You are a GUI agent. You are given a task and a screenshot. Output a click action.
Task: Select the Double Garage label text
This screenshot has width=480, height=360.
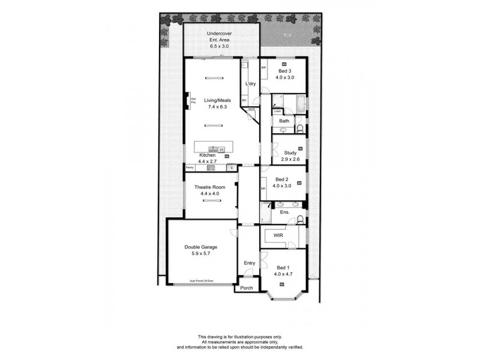pos(200,247)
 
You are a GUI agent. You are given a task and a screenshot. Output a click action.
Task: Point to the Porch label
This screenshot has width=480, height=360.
pos(246,288)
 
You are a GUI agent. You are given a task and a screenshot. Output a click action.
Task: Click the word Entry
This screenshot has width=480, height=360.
pos(249,263)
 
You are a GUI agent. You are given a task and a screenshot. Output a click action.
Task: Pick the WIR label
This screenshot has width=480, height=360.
pos(278,236)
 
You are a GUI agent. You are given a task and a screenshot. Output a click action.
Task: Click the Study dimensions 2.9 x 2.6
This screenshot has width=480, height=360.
pos(290,160)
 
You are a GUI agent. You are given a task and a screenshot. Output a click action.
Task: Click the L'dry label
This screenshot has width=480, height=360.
pos(251,83)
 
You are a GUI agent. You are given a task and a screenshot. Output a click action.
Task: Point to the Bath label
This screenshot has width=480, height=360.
pos(284,121)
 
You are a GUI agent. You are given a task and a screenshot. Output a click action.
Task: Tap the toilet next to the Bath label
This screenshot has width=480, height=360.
pos(299,128)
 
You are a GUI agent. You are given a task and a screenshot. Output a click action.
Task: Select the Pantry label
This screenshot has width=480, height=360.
pos(190,167)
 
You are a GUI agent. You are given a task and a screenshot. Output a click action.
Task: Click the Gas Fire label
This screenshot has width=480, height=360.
pos(193,101)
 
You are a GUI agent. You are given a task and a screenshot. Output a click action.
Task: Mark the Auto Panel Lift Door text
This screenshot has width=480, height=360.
pos(202,281)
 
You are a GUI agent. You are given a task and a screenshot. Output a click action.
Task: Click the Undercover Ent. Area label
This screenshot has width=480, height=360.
pos(220,40)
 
